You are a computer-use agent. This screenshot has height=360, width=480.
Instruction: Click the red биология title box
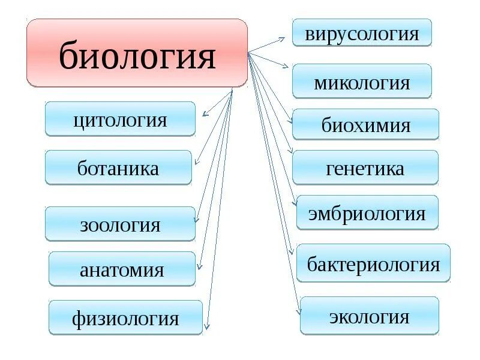[137, 53]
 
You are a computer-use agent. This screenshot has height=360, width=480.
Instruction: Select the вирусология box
[362, 32]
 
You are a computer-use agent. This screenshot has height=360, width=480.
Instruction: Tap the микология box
[362, 81]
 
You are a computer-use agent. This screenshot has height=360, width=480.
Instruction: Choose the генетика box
[365, 167]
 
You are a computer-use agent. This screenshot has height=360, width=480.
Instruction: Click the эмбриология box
[367, 212]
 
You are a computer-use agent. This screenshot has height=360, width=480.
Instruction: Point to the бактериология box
[373, 263]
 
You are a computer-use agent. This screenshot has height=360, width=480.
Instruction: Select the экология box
[369, 316]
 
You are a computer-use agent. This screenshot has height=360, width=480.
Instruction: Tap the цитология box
[120, 119]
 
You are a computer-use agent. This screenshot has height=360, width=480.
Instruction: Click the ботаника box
[118, 167]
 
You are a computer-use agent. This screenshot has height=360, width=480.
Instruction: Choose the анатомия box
[122, 269]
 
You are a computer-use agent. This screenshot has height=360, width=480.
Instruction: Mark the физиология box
[125, 317]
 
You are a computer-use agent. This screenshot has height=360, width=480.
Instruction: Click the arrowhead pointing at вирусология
[284, 38]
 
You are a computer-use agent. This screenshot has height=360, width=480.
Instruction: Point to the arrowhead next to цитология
[205, 113]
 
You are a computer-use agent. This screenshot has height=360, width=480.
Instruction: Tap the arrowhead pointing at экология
[298, 311]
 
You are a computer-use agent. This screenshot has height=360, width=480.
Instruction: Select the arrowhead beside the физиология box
[206, 327]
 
